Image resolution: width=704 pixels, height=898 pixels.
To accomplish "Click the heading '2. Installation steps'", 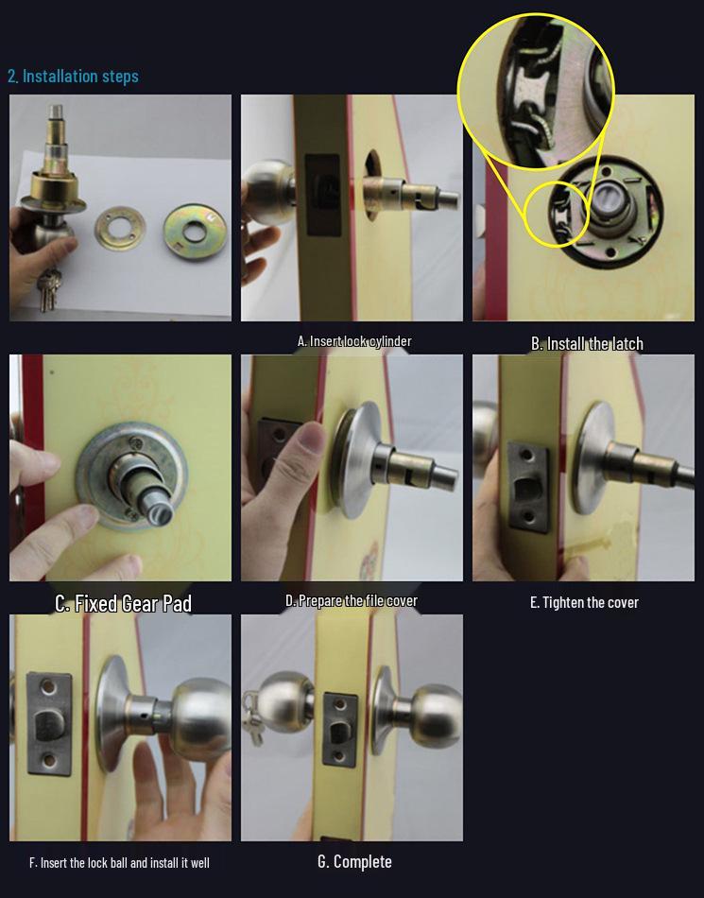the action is (74, 77).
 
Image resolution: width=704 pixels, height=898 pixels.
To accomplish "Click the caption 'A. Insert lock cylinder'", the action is (354, 341).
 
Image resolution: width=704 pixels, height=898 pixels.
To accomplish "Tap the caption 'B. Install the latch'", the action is (587, 344).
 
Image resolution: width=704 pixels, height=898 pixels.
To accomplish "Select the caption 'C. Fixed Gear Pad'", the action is (123, 604).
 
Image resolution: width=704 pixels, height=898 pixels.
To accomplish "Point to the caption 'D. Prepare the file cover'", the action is (352, 601).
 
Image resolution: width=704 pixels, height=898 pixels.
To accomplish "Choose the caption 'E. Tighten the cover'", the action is (584, 602).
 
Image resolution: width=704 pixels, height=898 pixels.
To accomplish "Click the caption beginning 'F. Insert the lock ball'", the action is (119, 862).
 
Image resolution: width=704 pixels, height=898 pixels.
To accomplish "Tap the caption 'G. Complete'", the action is (354, 861).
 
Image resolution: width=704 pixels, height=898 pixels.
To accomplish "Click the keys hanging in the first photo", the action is (47, 288).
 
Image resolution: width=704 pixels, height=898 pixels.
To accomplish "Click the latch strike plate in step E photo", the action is (528, 487).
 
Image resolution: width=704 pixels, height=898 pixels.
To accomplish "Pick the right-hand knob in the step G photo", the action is (435, 716).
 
